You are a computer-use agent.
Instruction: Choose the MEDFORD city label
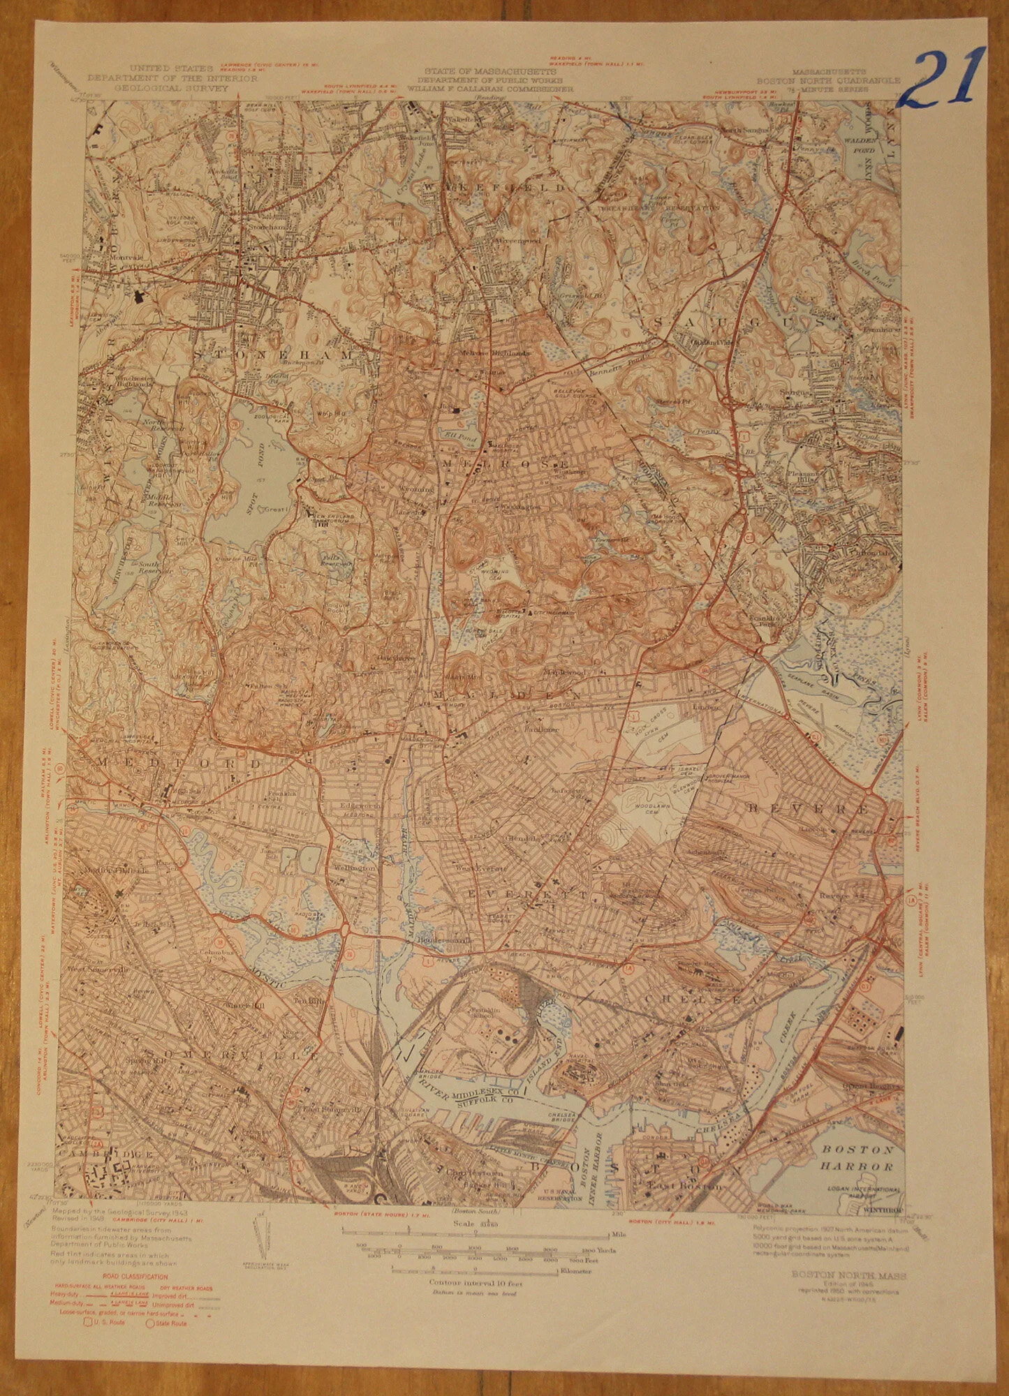pyautogui.click(x=178, y=764)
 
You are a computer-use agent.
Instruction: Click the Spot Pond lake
pyautogui.click(x=255, y=482)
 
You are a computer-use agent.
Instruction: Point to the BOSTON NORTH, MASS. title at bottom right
pyautogui.click(x=848, y=1275)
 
